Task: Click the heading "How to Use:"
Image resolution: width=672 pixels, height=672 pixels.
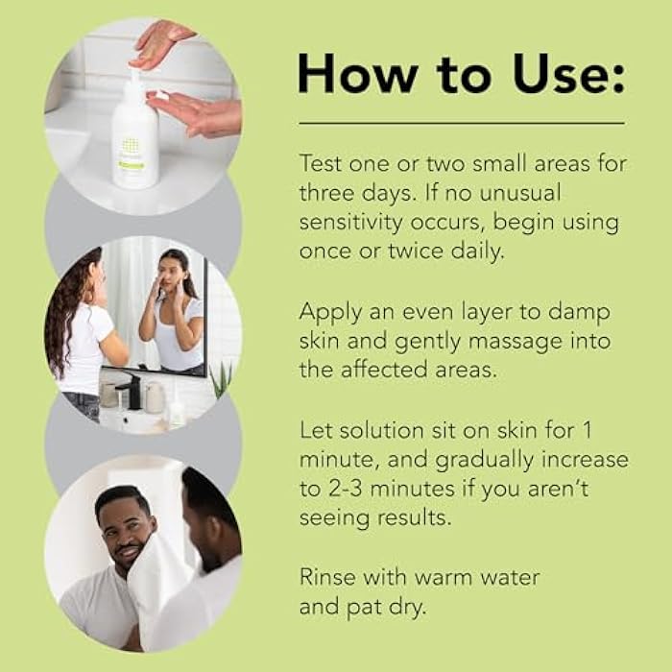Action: click(x=461, y=74)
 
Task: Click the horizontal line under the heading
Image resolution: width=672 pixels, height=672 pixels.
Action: click(x=461, y=123)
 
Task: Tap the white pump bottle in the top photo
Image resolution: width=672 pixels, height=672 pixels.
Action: click(x=134, y=144)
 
